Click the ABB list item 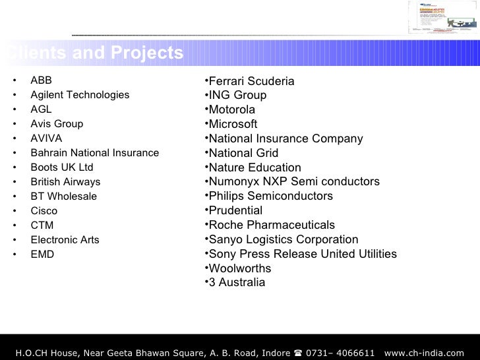[41, 80]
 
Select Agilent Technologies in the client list [80, 95]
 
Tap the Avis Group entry [57, 124]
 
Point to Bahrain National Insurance [94, 153]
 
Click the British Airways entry [65, 182]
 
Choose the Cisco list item [44, 211]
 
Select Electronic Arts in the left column [65, 240]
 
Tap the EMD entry [42, 255]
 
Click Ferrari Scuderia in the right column [251, 81]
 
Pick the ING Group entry [237, 96]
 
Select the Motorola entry [231, 110]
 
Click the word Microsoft [233, 125]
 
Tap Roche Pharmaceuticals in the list [272, 225]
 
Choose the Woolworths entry [239, 269]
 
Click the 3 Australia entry [237, 283]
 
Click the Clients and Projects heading [92, 53]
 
